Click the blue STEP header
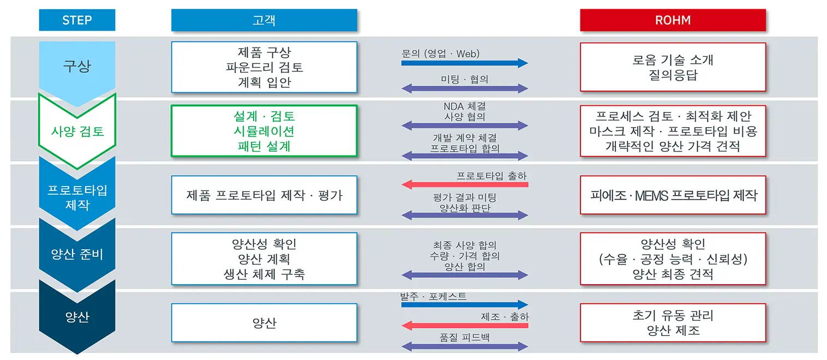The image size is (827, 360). (x=77, y=20)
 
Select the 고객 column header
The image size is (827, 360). (x=264, y=20)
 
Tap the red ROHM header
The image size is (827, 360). (x=673, y=20)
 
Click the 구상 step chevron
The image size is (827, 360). (x=77, y=67)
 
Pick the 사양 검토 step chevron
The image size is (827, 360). (x=77, y=131)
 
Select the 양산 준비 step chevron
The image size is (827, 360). (x=77, y=254)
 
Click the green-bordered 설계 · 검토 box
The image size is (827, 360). (x=264, y=131)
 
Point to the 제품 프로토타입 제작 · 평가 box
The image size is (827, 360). (x=264, y=195)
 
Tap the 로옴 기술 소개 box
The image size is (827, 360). (x=673, y=67)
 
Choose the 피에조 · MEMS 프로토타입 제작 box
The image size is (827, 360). (x=673, y=195)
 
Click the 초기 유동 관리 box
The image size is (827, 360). (x=673, y=322)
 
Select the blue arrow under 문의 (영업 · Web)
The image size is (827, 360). (x=464, y=63)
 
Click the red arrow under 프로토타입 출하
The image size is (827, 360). (x=464, y=184)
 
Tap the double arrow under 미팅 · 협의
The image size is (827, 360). (x=464, y=88)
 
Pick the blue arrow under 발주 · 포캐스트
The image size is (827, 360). (x=464, y=305)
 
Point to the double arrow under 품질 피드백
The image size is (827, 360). (x=464, y=346)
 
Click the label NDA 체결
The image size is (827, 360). (x=465, y=106)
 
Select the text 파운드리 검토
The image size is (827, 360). (x=264, y=68)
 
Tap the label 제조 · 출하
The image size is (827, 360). (x=505, y=317)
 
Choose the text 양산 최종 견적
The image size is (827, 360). (x=673, y=274)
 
